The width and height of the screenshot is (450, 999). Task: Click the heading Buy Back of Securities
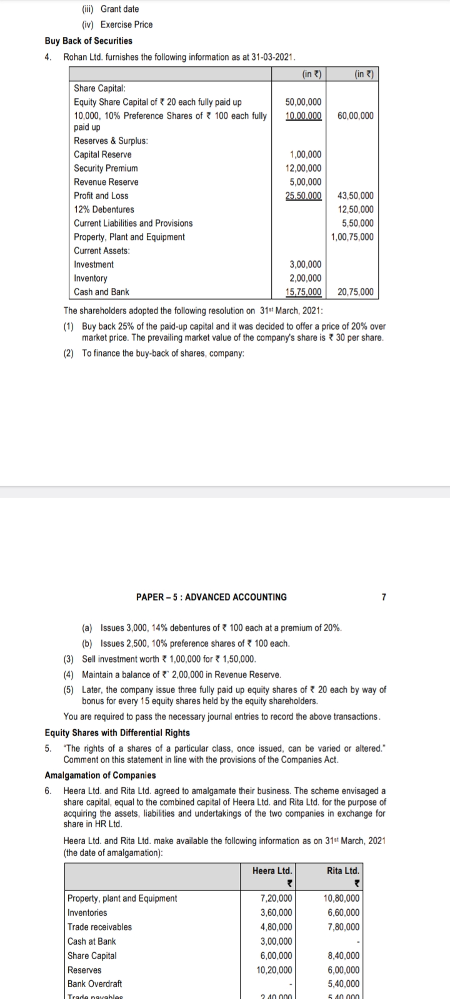point(88,41)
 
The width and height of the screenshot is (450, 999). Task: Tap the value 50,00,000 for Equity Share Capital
point(303,102)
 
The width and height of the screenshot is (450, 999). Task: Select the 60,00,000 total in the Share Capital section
point(355,116)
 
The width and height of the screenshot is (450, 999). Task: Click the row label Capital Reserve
point(102,154)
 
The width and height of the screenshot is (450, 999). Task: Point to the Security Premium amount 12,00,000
point(303,168)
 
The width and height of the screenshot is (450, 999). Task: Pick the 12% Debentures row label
point(104,209)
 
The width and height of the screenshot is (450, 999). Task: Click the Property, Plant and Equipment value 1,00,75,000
point(352,237)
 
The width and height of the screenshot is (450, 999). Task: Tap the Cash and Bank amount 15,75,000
point(303,292)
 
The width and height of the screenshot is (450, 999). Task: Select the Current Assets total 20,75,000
point(355,292)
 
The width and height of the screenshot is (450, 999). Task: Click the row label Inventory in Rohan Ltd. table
point(90,278)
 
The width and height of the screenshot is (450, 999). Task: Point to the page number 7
point(384,597)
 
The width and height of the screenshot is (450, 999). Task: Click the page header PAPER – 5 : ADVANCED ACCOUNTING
point(211,597)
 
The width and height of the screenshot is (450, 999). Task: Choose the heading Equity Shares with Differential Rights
point(117,732)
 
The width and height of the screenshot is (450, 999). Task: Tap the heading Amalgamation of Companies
point(100,775)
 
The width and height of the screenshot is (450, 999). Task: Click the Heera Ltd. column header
point(272,870)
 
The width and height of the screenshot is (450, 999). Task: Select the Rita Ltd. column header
point(342,870)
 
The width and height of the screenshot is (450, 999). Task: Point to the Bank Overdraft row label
point(94,984)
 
